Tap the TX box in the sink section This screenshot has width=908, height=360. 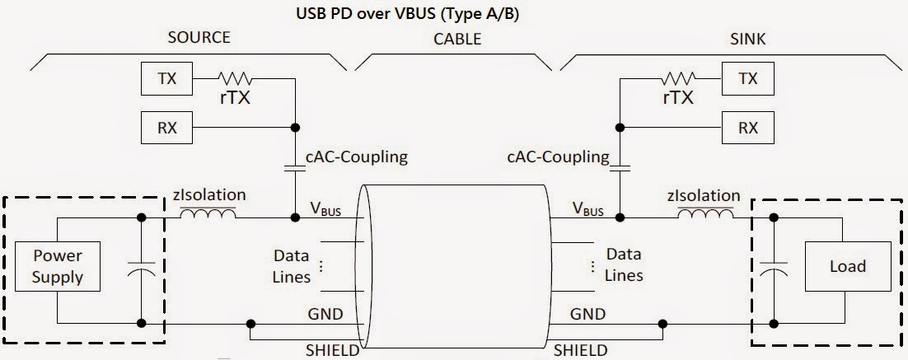coord(747,80)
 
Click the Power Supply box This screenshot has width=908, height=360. coord(58,265)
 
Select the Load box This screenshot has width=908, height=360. coord(847,265)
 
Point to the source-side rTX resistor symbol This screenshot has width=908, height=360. coord(236,80)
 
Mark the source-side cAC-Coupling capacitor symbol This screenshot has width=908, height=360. coord(294,170)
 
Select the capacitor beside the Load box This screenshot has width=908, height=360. coord(775,269)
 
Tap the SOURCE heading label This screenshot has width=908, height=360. coord(199,38)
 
